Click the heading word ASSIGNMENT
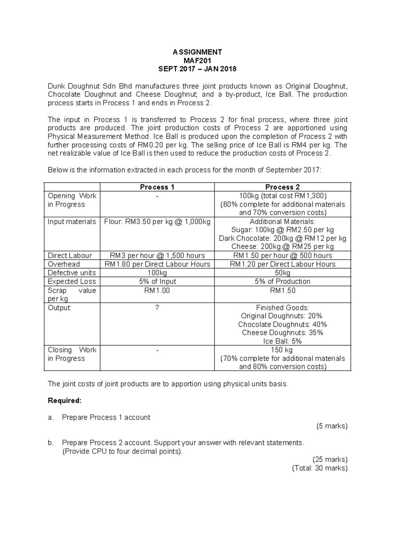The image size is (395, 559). pyautogui.click(x=197, y=52)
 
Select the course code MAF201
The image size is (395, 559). pyautogui.click(x=197, y=61)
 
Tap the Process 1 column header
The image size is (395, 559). pyautogui.click(x=157, y=187)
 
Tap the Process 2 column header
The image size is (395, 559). pyautogui.click(x=282, y=187)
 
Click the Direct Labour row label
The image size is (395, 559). pyautogui.click(x=70, y=256)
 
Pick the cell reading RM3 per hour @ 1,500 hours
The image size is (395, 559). pyautogui.click(x=157, y=256)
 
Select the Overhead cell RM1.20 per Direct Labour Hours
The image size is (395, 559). pyautogui.click(x=282, y=264)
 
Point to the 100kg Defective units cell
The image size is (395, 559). pyautogui.click(x=157, y=273)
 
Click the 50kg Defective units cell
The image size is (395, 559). pyautogui.click(x=282, y=273)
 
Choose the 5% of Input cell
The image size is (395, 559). pyautogui.click(x=157, y=281)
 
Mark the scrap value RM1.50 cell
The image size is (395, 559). pyautogui.click(x=282, y=291)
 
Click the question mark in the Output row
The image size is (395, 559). pyautogui.click(x=157, y=308)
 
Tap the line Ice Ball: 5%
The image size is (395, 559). pyautogui.click(x=282, y=341)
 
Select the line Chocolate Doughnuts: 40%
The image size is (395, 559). pyautogui.click(x=282, y=324)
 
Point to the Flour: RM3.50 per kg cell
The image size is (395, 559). pyautogui.click(x=157, y=222)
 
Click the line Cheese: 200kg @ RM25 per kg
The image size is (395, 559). pyautogui.click(x=282, y=247)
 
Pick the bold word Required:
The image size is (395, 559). pyautogui.click(x=65, y=401)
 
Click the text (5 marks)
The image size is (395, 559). pyautogui.click(x=332, y=426)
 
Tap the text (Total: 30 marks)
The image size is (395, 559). pyautogui.click(x=320, y=468)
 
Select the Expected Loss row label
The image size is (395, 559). pyautogui.click(x=72, y=281)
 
